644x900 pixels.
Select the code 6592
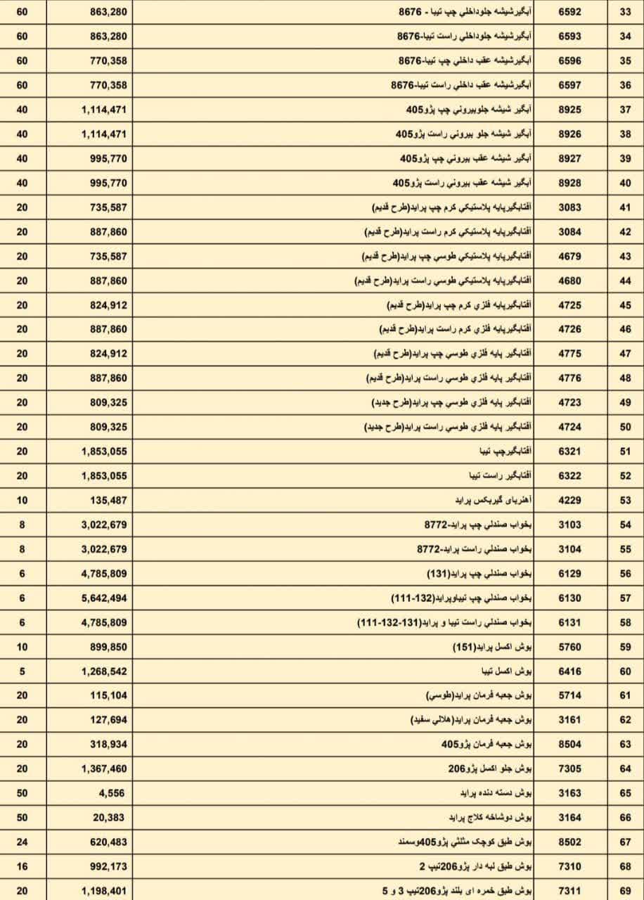pyautogui.click(x=569, y=12)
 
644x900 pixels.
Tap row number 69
pyautogui.click(x=625, y=891)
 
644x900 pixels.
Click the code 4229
pyautogui.click(x=569, y=500)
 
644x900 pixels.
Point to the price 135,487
pyautogui.click(x=109, y=500)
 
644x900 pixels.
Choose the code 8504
pyautogui.click(x=569, y=744)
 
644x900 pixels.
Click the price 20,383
pyautogui.click(x=110, y=818)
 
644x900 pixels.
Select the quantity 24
pyautogui.click(x=22, y=842)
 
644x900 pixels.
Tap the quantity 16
pyautogui.click(x=22, y=866)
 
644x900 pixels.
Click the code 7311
pyautogui.click(x=569, y=891)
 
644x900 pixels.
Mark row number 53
pyautogui.click(x=625, y=500)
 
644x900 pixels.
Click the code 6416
pyautogui.click(x=569, y=671)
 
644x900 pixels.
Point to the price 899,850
pyautogui.click(x=109, y=647)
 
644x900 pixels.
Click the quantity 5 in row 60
pyautogui.click(x=22, y=671)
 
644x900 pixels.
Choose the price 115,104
pyautogui.click(x=109, y=695)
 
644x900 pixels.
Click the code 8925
pyautogui.click(x=569, y=110)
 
